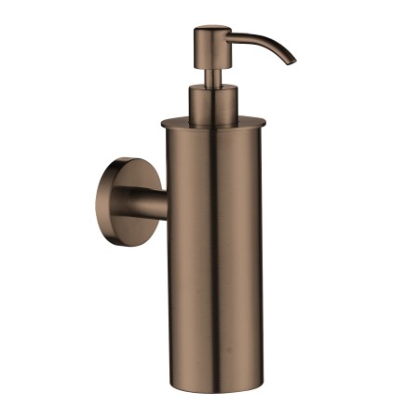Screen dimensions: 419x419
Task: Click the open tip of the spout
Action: click(291, 61)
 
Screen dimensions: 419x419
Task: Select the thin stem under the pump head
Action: click(211, 74)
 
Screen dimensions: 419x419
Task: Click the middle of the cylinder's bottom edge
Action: click(216, 388)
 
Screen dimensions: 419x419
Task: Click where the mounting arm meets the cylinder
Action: click(168, 204)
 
